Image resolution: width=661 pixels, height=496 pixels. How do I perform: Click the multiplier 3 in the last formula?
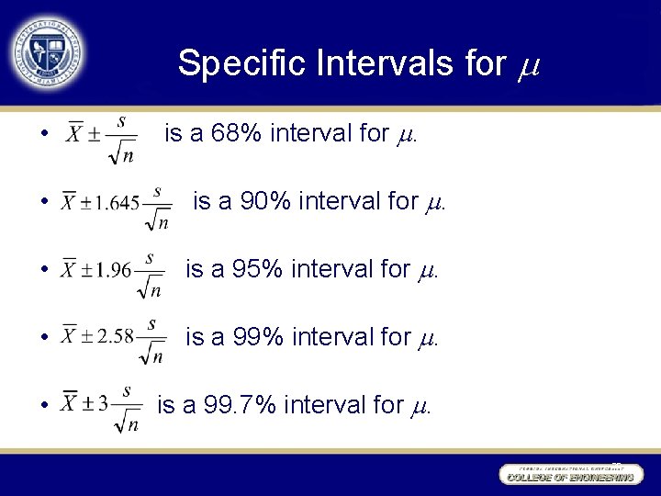click(103, 403)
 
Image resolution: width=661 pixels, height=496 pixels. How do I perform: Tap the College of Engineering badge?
click(568, 474)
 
